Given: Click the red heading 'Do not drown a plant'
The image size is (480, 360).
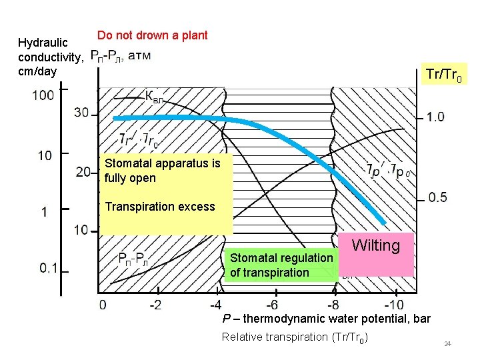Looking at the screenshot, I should coord(152,35).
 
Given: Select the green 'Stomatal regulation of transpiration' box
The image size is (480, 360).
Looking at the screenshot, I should coord(281,265).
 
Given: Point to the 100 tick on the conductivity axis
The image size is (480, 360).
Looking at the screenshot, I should coord(43,95).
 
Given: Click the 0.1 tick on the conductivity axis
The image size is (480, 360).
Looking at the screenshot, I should coord(48,268).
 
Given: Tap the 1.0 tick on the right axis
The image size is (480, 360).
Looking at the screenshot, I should coord(436,118).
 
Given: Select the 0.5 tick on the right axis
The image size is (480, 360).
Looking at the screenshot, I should coord(437,197).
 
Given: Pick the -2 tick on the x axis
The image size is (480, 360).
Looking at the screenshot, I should coord(155,305).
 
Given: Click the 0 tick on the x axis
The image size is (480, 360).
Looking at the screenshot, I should coord(102,305).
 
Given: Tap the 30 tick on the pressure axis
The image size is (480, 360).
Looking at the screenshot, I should coord(81,112).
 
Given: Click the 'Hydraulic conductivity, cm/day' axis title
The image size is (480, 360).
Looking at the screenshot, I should coord(50,57).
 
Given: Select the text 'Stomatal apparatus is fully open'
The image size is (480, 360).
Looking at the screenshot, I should coord(162,170).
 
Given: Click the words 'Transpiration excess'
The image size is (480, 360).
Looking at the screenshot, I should coord(160,207).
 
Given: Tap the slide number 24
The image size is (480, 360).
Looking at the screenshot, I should coord(448,344).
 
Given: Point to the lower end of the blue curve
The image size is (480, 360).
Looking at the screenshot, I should coord(385,223).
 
